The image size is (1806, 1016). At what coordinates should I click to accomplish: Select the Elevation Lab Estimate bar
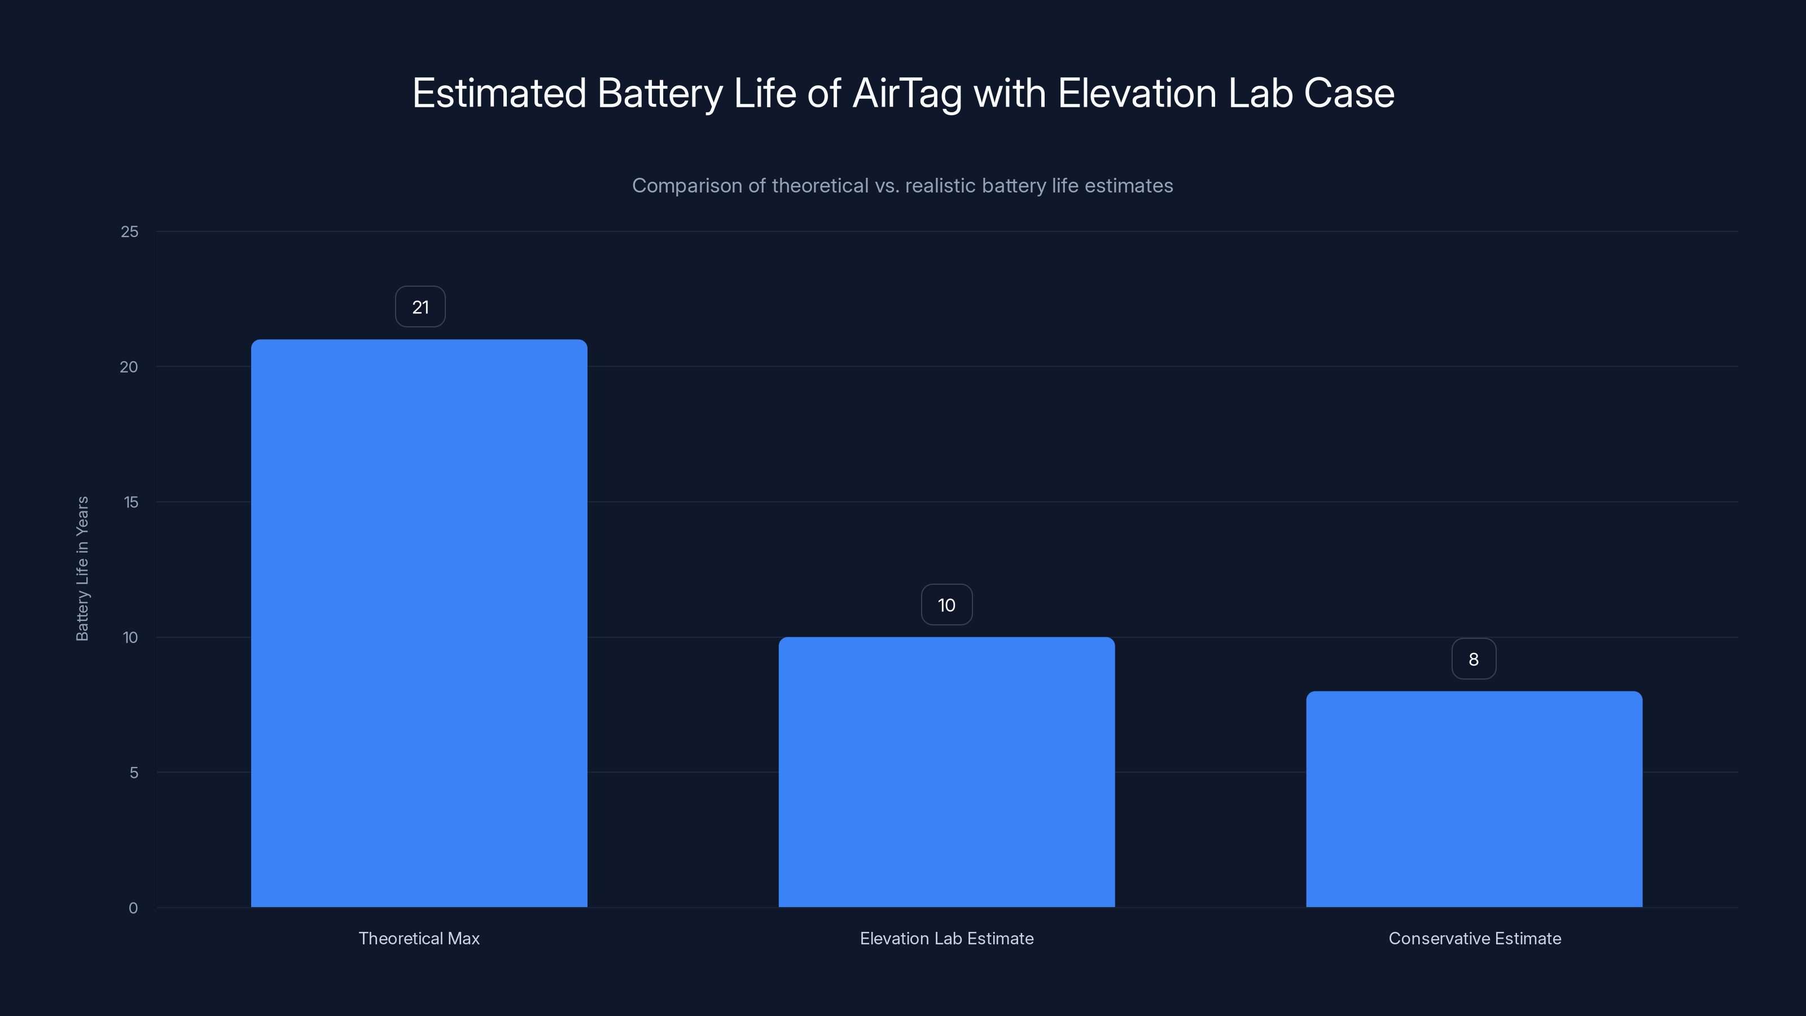tap(946, 771)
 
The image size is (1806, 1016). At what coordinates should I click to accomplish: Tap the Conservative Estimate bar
tap(1474, 799)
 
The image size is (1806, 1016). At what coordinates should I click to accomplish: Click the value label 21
tap(420, 307)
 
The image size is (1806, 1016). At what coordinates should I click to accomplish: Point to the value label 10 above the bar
tap(946, 605)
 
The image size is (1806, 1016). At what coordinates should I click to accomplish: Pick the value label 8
tap(1474, 659)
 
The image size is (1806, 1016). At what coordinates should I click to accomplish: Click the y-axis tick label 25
tap(130, 232)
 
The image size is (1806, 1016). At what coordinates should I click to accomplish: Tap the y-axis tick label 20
tap(129, 367)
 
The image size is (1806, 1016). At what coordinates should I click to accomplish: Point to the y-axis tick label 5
tap(134, 773)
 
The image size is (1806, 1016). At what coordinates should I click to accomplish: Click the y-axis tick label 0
tap(133, 908)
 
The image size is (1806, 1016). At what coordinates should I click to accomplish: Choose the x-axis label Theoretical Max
tap(419, 938)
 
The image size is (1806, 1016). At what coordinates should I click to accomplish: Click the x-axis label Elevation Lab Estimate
tap(946, 938)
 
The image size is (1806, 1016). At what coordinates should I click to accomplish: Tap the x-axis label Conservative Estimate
tap(1474, 938)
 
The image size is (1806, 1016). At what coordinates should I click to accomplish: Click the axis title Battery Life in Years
tap(82, 568)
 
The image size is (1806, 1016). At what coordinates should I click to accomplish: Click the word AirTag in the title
tap(907, 93)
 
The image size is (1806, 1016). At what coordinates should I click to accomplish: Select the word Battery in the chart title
tap(660, 93)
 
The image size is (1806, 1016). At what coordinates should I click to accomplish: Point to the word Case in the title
tap(1349, 93)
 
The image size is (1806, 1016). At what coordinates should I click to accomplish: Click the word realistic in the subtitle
tap(940, 186)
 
